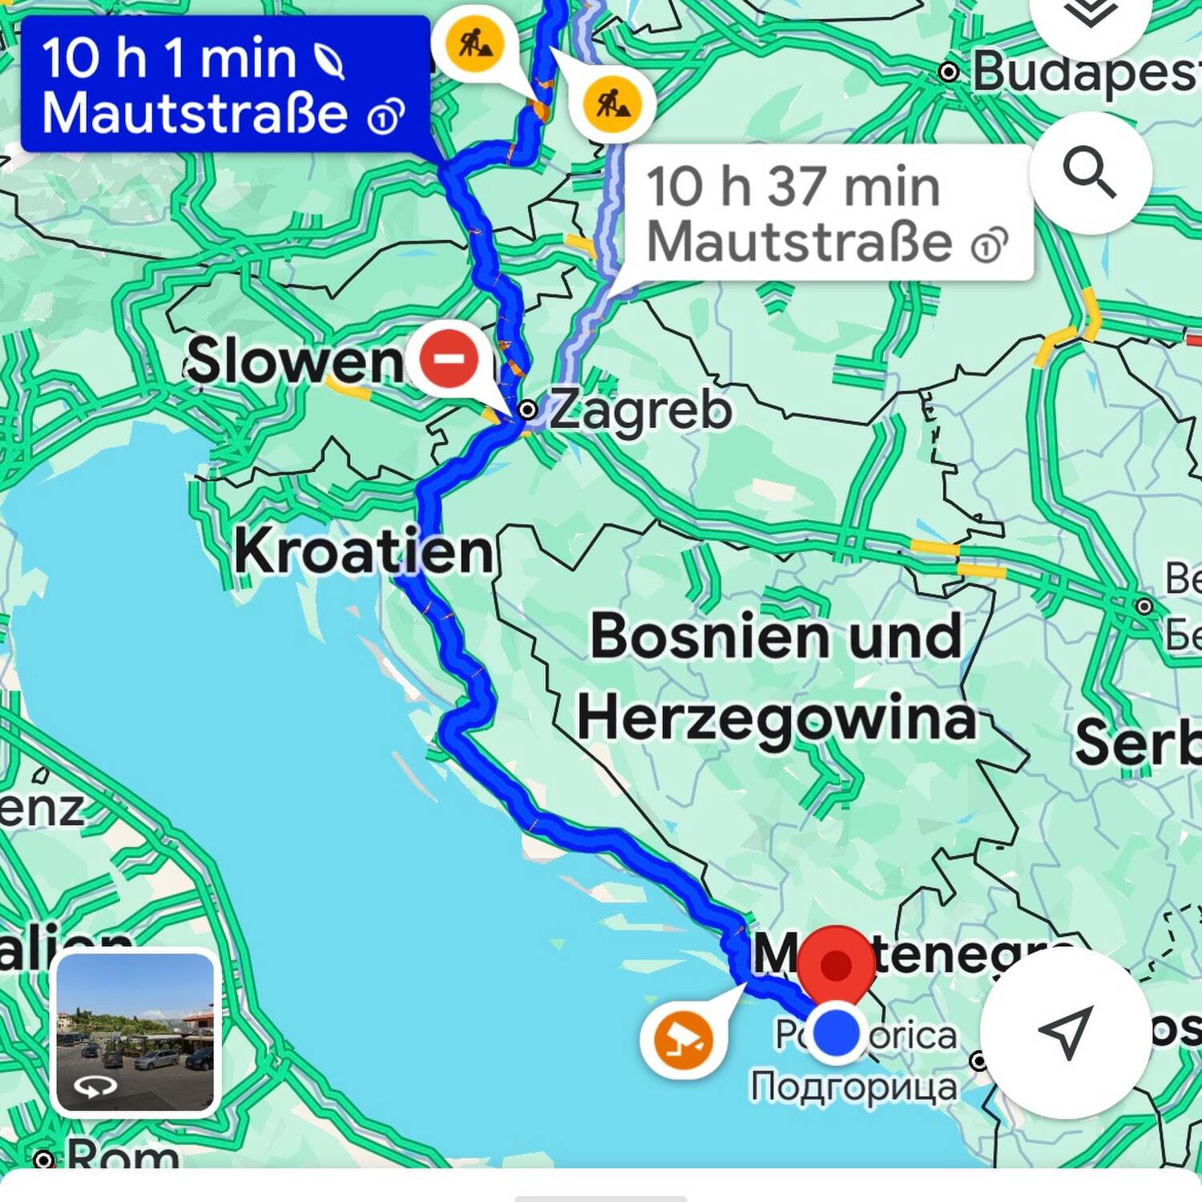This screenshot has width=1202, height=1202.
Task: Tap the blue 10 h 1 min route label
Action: tap(224, 84)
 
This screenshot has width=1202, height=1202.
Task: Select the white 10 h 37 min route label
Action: tap(825, 213)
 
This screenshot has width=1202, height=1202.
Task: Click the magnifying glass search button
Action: tap(1090, 172)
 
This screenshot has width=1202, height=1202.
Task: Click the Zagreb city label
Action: tap(639, 409)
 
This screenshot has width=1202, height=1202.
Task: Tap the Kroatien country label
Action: tap(363, 551)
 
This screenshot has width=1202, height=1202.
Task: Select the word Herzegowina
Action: tap(776, 718)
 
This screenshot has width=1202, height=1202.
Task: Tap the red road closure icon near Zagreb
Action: tap(449, 358)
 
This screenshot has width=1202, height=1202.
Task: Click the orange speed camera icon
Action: tap(683, 1039)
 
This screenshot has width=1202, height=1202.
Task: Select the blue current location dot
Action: tap(836, 1033)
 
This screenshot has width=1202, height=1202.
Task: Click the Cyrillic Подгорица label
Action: tap(853, 1087)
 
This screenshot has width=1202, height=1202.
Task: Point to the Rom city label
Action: tap(123, 1156)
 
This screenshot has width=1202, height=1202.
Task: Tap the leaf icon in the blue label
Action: tap(329, 61)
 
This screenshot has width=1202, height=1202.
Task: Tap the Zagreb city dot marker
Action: tap(527, 410)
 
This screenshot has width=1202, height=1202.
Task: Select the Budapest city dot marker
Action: tap(949, 72)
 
